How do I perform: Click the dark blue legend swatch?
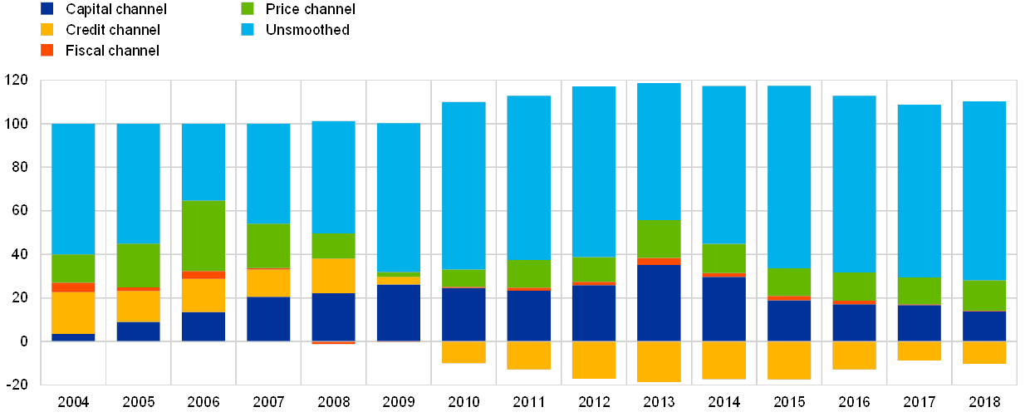pyautogui.click(x=47, y=8)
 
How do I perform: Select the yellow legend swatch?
pyautogui.click(x=47, y=29)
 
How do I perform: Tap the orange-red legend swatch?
pyautogui.click(x=47, y=50)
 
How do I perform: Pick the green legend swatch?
pyautogui.click(x=248, y=8)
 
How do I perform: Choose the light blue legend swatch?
pyautogui.click(x=248, y=29)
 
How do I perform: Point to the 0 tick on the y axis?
pyautogui.click(x=22, y=341)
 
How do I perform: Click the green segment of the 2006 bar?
pyautogui.click(x=204, y=235)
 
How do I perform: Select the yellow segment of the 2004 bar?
pyautogui.click(x=73, y=312)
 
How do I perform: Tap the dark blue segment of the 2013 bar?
pyautogui.click(x=659, y=302)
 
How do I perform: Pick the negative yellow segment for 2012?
pyautogui.click(x=594, y=360)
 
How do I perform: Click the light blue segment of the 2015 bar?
pyautogui.click(x=789, y=176)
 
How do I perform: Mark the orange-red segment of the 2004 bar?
pyautogui.click(x=73, y=287)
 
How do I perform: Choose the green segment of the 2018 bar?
pyautogui.click(x=984, y=295)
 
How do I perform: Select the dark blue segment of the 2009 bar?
pyautogui.click(x=399, y=312)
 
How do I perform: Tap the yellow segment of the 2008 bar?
pyautogui.click(x=333, y=275)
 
